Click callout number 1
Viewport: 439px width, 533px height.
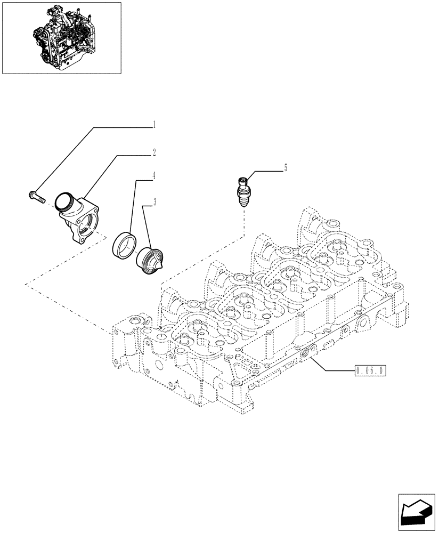(154, 125)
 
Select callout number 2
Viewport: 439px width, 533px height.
(154, 153)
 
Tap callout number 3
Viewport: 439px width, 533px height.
(154, 202)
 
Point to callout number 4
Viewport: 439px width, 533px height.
(154, 175)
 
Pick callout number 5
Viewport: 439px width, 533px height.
(285, 168)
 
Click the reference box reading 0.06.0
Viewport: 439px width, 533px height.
(370, 370)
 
